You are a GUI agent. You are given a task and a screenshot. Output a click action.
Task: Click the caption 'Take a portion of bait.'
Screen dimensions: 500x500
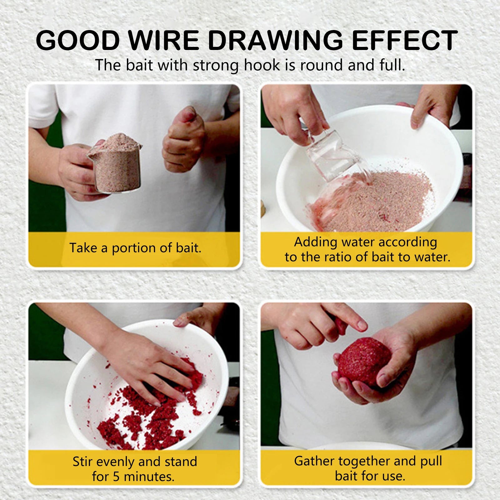pos(135,248)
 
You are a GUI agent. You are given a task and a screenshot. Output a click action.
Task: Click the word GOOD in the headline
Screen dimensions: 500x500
pos(78,40)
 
